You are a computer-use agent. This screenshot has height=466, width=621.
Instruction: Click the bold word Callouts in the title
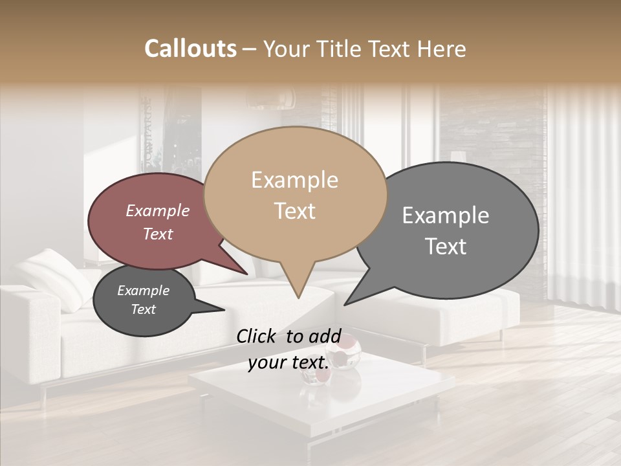tap(190, 49)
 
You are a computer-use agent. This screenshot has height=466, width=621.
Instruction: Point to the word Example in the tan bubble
tap(294, 180)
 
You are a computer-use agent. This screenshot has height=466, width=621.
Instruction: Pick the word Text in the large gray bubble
tap(446, 247)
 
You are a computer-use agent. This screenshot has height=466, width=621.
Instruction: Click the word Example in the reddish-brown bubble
tap(158, 210)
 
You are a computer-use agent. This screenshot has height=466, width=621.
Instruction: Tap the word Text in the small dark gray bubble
tap(144, 309)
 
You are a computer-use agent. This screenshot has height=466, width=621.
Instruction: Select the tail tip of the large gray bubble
tap(345, 304)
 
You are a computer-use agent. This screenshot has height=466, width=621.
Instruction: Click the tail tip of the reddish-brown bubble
tap(248, 274)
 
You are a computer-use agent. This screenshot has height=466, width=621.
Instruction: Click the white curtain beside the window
tap(582, 194)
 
